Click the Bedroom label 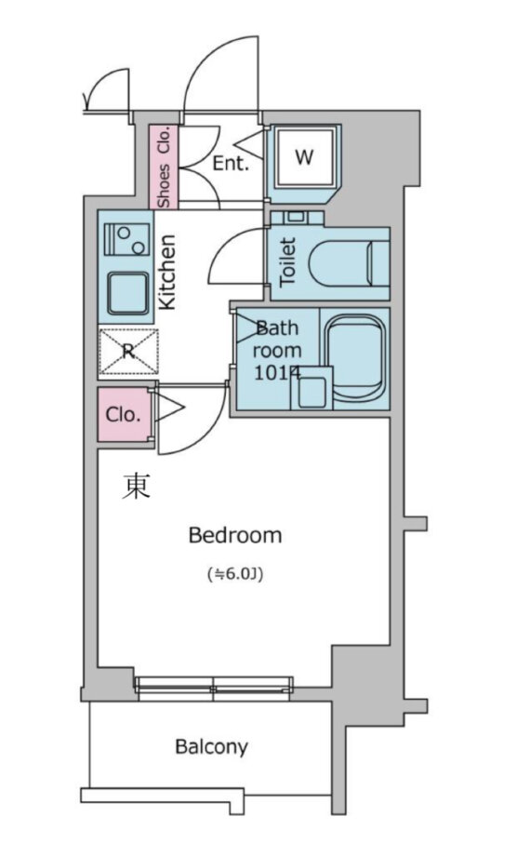tap(235, 536)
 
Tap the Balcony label tap(212, 746)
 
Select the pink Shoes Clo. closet tap(165, 167)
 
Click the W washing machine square tap(304, 157)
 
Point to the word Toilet tap(286, 261)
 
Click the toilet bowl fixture tap(348, 263)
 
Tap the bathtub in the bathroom tap(355, 357)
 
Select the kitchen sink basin tap(128, 292)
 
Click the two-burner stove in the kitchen tap(126, 239)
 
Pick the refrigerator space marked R tap(128, 351)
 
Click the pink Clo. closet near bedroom tap(124, 415)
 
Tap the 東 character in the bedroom tap(135, 487)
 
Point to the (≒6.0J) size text tap(235, 574)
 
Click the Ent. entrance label tap(231, 163)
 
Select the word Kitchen tap(166, 272)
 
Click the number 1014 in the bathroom tap(276, 373)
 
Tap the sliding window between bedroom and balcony tap(214, 689)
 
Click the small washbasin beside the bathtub tap(312, 388)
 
